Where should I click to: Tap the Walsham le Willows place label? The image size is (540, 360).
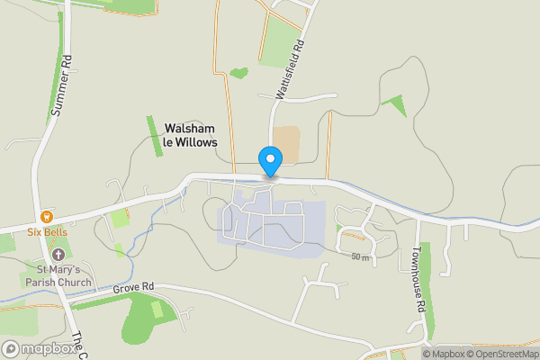click(x=191, y=135)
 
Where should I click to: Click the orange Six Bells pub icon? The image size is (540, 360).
click(x=46, y=216)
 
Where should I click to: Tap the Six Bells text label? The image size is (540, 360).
click(x=47, y=231)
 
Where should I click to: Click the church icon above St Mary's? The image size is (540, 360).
click(x=58, y=255)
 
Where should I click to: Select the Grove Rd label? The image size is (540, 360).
click(x=134, y=287)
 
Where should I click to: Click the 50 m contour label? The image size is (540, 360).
click(x=361, y=257)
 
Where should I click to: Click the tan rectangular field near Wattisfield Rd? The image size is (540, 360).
click(x=286, y=143)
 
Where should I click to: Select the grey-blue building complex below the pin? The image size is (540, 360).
click(x=270, y=225)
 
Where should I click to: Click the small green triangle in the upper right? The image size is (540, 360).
click(x=395, y=105)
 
